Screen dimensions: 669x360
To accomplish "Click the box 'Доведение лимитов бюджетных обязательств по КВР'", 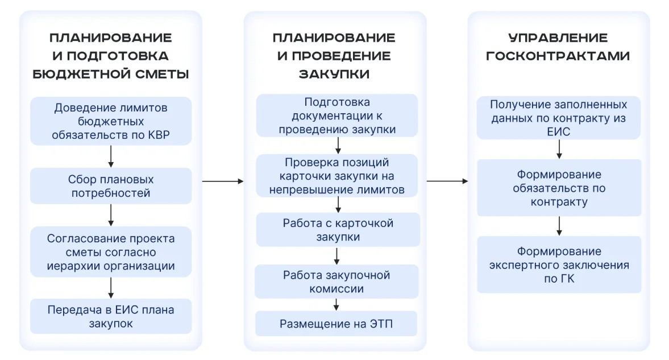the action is pos(111,121).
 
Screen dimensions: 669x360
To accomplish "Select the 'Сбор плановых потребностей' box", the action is pos(111,186).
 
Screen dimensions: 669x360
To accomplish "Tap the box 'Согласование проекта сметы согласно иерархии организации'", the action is pos(111,252).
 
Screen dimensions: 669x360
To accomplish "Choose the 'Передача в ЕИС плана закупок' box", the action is pos(111,316).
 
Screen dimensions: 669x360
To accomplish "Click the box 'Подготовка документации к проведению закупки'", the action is pos(337,115).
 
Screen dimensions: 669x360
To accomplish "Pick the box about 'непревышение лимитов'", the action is pos(337,176).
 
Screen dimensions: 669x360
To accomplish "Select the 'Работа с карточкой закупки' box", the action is pos(338,230).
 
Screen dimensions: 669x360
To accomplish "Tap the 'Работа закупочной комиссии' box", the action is pos(336,282).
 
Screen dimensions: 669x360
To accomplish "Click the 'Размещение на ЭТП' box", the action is pos(336,324).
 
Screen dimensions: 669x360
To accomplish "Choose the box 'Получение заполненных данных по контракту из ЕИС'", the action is pos(559,118).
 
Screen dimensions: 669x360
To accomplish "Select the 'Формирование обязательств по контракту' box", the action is pos(559,188).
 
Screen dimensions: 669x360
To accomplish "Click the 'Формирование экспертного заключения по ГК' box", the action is pos(559,265).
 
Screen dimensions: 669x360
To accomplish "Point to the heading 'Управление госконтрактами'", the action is pos(558,47).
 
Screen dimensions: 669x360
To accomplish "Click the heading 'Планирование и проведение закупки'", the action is pos(334,56).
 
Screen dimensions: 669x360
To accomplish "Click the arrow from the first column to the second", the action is pos(223,181).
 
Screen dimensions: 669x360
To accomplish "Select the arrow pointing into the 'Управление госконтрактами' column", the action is pos(447,181).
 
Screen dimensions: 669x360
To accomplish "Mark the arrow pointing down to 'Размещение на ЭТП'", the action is pos(336,304).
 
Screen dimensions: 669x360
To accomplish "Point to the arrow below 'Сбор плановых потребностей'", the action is pos(111,215).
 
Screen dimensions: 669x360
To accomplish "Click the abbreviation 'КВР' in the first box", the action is pos(159,135).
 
